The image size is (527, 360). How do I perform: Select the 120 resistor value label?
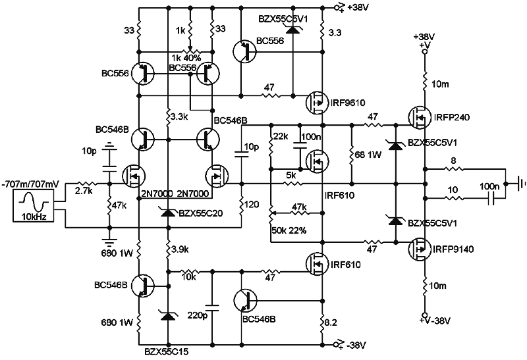click(252, 205)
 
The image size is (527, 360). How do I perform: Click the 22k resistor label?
click(280, 136)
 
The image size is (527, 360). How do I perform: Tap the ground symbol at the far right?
click(520, 182)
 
